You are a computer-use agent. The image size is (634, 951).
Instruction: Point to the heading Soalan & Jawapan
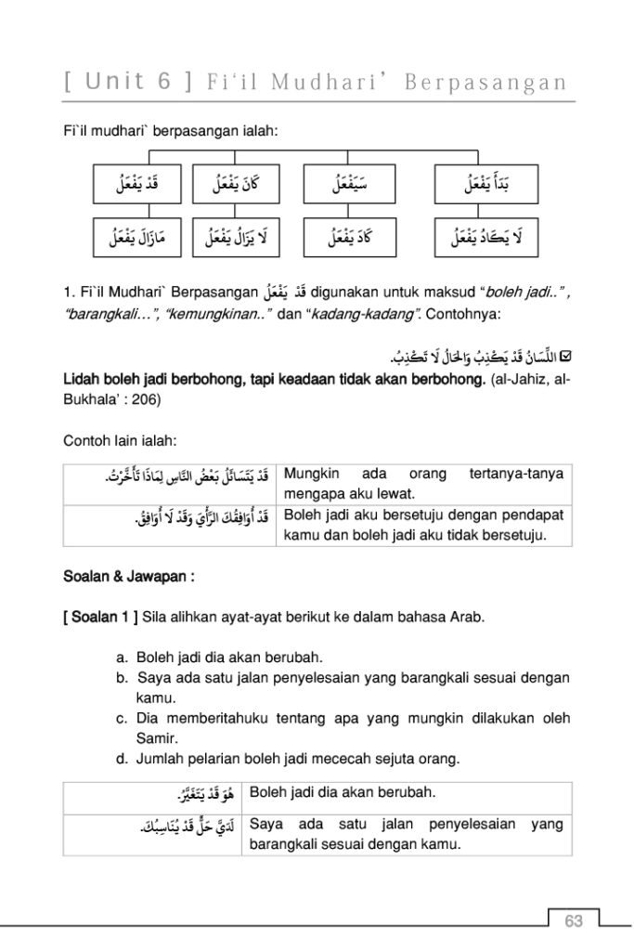click(128, 577)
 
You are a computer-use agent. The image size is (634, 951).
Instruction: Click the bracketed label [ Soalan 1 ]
click(100, 616)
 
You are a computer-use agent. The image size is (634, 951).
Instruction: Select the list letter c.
click(122, 720)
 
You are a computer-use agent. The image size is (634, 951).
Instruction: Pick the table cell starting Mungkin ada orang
click(423, 483)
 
